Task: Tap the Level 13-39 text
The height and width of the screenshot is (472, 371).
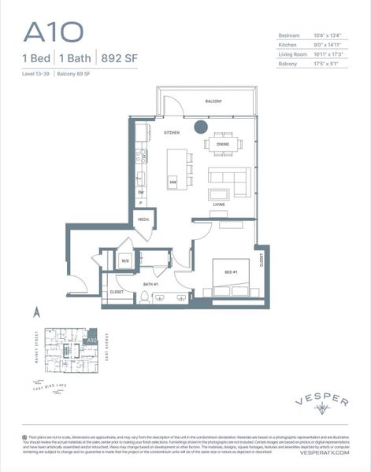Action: point(39,73)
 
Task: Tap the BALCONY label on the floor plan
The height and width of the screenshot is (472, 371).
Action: point(213,101)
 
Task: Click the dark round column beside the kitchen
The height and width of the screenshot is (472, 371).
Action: point(201,126)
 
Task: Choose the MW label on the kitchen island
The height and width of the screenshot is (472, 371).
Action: point(172,183)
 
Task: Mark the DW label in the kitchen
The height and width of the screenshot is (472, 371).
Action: point(141,192)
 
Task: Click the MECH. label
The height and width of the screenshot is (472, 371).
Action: point(144,219)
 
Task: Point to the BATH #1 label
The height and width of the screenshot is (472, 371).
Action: point(152,284)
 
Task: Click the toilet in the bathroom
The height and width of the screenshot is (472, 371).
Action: point(145,297)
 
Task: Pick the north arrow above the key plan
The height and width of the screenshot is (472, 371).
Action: point(36,312)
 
